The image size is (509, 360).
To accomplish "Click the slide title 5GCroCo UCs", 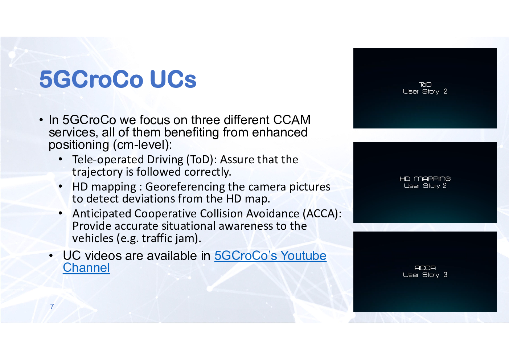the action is point(118,79).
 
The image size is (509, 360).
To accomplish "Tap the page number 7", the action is point(52,306).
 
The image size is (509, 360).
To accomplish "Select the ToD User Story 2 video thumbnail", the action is point(425,88).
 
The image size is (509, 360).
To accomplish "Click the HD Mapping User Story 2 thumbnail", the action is point(425,183).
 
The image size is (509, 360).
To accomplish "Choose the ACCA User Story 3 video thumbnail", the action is point(425,271).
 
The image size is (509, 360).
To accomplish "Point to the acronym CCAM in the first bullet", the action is point(292,120).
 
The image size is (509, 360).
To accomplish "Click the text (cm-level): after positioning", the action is point(142,145).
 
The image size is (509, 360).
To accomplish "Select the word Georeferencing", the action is point(185,187).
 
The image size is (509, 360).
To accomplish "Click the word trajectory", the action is point(97,172).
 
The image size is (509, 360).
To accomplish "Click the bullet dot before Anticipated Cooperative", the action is point(60,213).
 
